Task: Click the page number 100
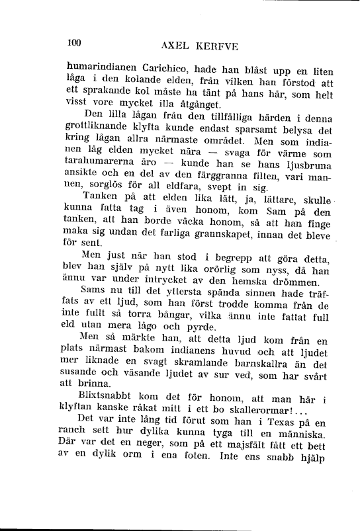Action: point(73,44)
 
